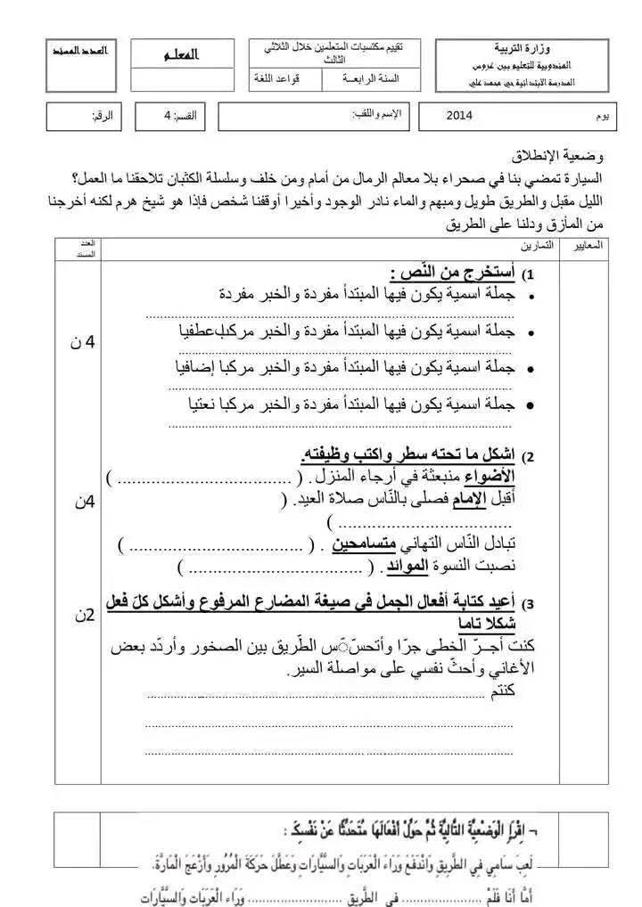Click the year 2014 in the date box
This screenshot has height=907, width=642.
coord(460,115)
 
